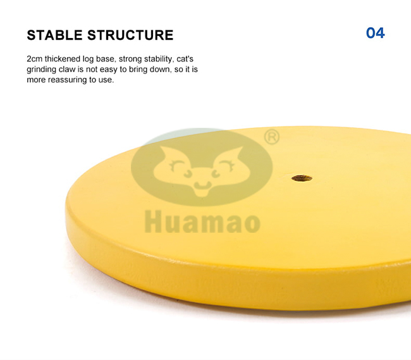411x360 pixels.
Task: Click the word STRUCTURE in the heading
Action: click(130, 35)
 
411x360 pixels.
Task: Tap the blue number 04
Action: click(376, 33)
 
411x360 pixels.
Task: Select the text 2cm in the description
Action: click(34, 59)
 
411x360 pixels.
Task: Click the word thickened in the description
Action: click(63, 59)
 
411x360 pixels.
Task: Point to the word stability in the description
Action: click(159, 59)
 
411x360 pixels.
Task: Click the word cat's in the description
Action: click(185, 59)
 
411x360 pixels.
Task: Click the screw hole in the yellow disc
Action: click(302, 178)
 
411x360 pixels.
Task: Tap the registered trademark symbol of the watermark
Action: click(271, 136)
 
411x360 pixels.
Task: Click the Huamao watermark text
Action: click(202, 221)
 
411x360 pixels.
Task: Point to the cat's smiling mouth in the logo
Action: click(202, 185)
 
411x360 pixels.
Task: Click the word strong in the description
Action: click(130, 59)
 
